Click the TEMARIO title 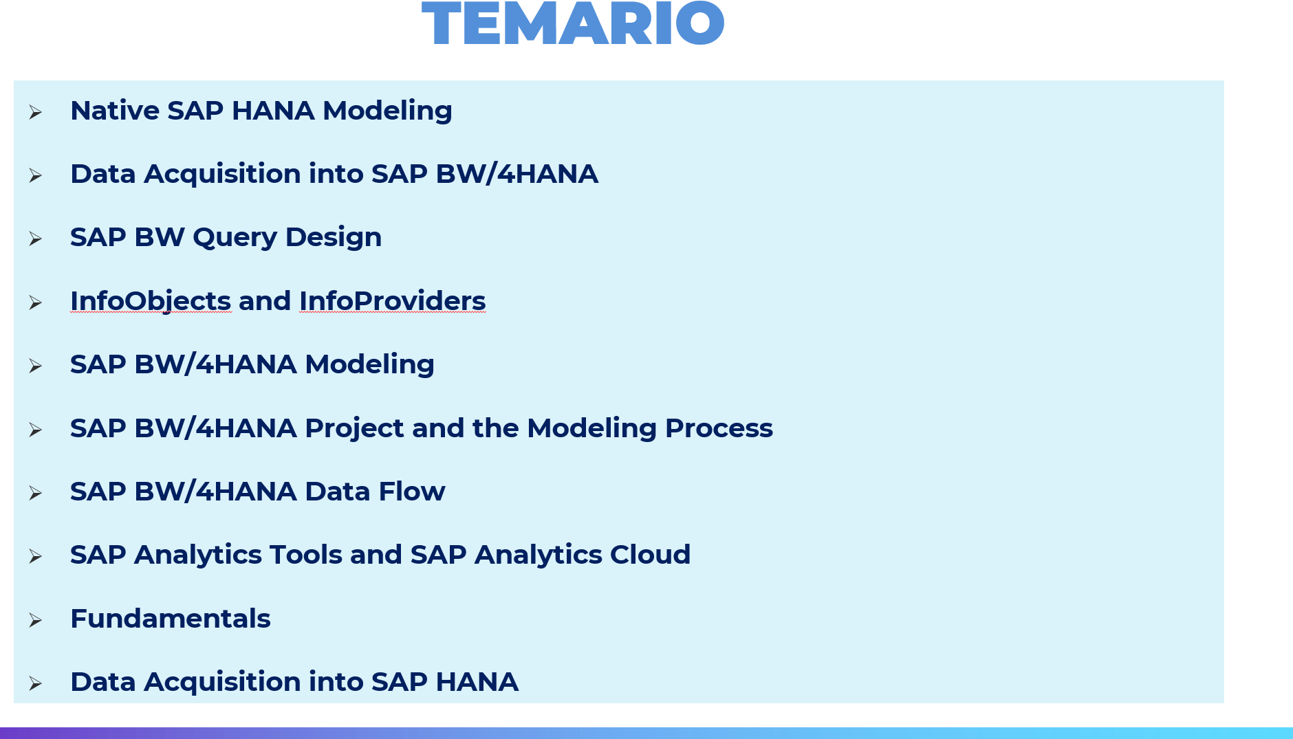(x=573, y=24)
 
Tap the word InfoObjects (x=151, y=302)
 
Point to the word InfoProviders (x=392, y=301)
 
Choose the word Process (x=719, y=428)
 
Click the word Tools (x=306, y=555)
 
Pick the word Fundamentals (x=171, y=619)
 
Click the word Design (x=334, y=238)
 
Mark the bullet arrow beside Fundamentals (x=35, y=621)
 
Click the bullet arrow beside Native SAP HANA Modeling (x=35, y=113)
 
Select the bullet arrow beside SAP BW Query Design (x=35, y=239)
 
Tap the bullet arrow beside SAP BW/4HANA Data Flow (x=35, y=494)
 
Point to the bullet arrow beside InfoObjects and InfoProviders (x=35, y=303)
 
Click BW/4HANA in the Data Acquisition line (x=517, y=174)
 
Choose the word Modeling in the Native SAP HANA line (x=387, y=111)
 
